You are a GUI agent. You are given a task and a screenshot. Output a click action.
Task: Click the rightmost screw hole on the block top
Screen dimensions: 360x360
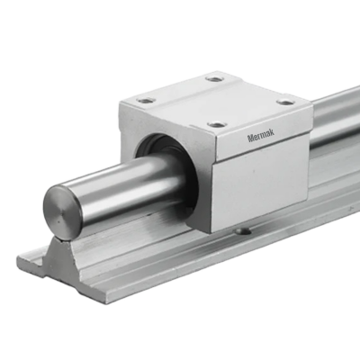pos(285,102)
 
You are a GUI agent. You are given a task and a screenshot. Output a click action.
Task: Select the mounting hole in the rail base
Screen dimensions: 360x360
pos(241,233)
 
